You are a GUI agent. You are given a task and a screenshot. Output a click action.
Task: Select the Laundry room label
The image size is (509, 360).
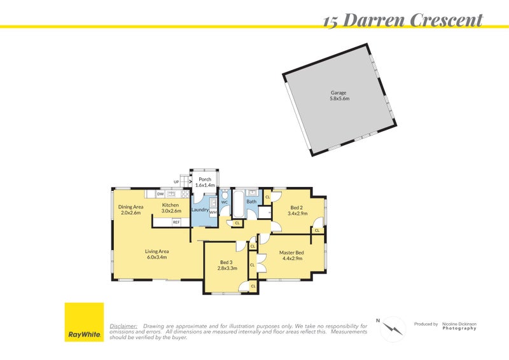tap(200, 209)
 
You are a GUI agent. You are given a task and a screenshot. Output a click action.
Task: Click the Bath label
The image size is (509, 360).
tap(251, 202)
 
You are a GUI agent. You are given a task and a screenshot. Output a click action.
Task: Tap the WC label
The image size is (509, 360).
tap(224, 202)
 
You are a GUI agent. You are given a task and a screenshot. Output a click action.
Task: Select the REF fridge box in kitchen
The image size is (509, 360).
tap(176, 222)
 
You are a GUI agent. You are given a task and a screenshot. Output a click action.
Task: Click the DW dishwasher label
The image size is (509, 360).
tap(160, 193)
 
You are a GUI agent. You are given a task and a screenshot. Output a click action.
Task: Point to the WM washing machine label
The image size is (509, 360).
tap(213, 212)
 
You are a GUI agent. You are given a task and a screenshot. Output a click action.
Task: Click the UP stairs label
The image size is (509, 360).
tap(176, 182)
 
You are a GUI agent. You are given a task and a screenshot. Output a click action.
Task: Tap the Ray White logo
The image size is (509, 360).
tap(84, 322)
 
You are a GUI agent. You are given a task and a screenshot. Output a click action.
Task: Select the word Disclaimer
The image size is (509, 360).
tap(123, 326)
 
